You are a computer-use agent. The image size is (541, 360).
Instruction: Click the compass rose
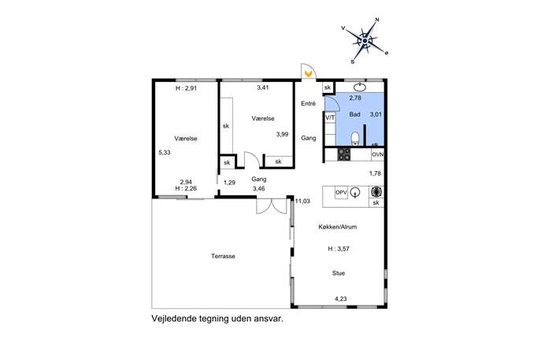(x=365, y=41)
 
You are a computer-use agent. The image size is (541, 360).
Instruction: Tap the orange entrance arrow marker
(x=309, y=73)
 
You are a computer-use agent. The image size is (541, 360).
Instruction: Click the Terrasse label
(x=223, y=256)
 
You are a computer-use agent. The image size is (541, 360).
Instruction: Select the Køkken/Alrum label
(x=337, y=227)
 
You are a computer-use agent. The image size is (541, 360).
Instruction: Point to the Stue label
(x=339, y=273)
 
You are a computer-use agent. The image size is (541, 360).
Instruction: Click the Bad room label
(x=354, y=114)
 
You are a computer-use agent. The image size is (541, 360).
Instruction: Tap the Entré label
(x=308, y=103)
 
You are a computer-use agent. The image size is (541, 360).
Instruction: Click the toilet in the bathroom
(x=355, y=139)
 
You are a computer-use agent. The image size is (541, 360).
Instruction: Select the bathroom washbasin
(x=360, y=87)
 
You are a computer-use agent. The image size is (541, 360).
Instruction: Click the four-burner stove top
(x=343, y=154)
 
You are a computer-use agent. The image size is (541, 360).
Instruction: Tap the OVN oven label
(x=378, y=154)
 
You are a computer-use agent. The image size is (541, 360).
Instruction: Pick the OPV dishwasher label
(x=341, y=192)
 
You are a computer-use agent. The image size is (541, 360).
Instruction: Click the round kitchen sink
(x=355, y=192)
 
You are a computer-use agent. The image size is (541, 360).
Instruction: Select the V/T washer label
(x=330, y=117)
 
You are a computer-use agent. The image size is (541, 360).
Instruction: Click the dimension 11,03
(x=302, y=201)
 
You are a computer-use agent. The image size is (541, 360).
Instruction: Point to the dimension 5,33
(x=165, y=152)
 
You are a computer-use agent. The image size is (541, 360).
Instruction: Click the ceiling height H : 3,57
(x=339, y=248)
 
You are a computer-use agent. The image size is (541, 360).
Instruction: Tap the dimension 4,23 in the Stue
(x=340, y=299)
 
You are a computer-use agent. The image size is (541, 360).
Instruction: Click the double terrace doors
(x=272, y=206)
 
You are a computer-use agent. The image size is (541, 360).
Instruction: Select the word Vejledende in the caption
(x=174, y=318)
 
